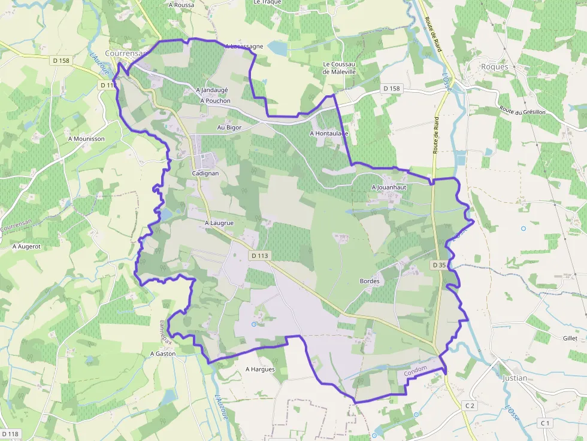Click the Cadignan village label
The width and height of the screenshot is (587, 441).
205,173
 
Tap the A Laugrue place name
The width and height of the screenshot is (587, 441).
219,223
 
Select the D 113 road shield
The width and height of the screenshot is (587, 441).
261,256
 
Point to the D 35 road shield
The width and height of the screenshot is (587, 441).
439,264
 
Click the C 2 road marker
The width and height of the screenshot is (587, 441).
470,406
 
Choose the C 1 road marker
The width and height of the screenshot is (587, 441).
544,423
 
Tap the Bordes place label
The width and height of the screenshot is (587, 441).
370,281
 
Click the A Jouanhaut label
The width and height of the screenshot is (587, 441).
389,187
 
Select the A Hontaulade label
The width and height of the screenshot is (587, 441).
329,133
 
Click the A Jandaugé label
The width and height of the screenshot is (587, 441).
212,90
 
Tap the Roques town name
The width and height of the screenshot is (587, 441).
494,67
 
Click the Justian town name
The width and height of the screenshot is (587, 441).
515,378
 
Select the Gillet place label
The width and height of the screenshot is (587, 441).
570,339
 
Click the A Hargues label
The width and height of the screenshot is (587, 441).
260,369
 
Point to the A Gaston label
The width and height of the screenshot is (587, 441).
163,354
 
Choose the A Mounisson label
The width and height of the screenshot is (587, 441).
86,139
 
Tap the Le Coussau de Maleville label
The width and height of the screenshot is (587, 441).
339,68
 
